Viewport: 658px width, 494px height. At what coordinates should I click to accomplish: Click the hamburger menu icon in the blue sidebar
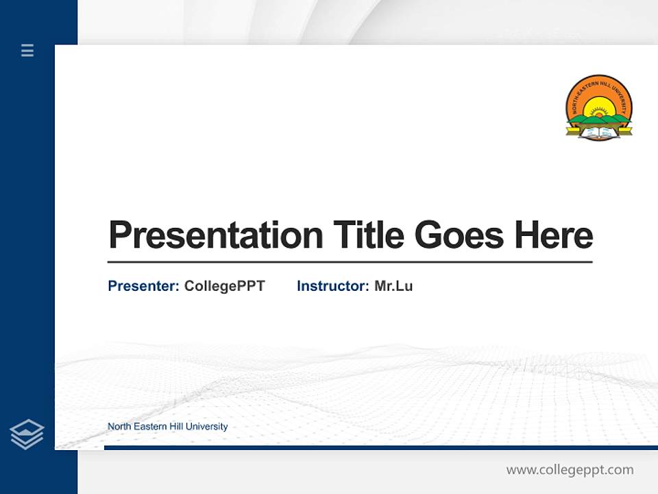[x=27, y=50]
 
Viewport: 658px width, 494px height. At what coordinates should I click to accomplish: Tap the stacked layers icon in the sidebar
[x=27, y=434]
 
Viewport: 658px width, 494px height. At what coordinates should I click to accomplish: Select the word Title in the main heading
[x=368, y=235]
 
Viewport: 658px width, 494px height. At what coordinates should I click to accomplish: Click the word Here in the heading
[x=553, y=235]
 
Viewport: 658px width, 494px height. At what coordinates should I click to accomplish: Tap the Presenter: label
[x=143, y=286]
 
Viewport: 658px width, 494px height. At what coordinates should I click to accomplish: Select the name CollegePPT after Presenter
[x=224, y=286]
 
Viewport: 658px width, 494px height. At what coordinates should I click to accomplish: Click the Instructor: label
[x=332, y=286]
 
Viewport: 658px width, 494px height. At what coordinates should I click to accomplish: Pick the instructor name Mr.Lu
[x=393, y=286]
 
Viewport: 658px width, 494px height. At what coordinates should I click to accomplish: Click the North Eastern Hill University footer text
[x=167, y=427]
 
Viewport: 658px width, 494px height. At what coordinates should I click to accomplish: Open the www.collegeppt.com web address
[x=570, y=470]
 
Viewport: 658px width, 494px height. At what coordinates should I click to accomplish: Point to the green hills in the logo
[x=599, y=119]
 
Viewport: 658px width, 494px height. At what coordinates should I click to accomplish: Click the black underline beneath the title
[x=350, y=262]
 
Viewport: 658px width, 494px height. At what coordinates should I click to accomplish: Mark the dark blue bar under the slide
[x=380, y=447]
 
